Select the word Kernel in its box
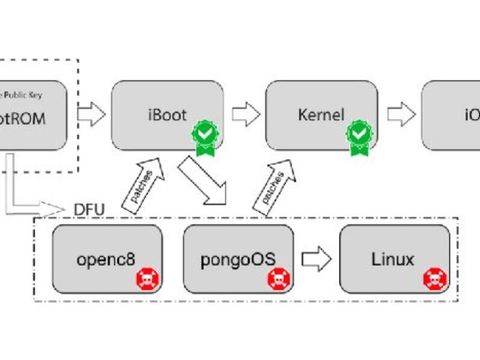[x=321, y=115]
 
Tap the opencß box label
[x=106, y=259]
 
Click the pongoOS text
[x=238, y=259]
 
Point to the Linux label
[x=393, y=259]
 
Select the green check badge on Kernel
[x=358, y=136]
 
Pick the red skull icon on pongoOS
[x=278, y=279]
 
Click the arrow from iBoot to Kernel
[x=246, y=115]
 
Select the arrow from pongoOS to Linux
[x=316, y=260]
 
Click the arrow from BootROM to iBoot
[x=91, y=115]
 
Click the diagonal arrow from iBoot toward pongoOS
[x=205, y=178]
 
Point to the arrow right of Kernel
[x=401, y=115]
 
